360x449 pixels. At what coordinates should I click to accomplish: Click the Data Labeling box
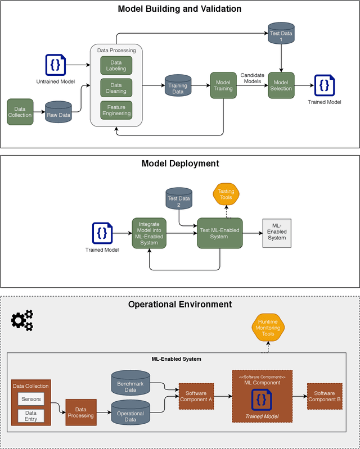coord(116,65)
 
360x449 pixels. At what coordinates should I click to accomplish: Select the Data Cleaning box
coord(116,88)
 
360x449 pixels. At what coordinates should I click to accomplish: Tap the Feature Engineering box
coord(116,110)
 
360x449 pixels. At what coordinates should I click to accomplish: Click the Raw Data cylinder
coord(58,112)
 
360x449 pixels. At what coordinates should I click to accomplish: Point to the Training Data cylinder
coord(178,85)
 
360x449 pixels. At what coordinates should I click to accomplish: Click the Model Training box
coord(223,85)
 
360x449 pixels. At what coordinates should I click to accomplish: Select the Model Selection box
coord(281,85)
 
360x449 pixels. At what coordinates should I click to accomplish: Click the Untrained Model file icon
coord(55,65)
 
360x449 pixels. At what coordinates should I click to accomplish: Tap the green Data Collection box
coord(20,112)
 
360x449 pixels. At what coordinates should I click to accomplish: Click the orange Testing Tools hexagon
coord(226,195)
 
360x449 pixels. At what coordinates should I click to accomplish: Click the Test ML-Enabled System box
coord(219,233)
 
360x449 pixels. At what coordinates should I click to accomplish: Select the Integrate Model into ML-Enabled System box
coord(149,233)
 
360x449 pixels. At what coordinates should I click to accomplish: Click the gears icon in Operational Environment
coord(22,320)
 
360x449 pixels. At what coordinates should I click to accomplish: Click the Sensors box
coord(31,399)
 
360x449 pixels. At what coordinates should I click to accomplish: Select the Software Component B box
coord(325,396)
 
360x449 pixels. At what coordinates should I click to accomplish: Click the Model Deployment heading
coord(180,164)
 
